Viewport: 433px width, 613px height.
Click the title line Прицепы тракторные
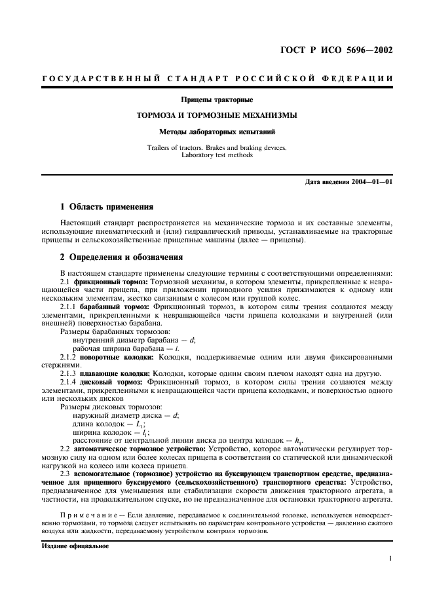pos(216,100)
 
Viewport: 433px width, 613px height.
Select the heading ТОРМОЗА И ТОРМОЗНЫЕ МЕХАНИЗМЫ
pos(216,115)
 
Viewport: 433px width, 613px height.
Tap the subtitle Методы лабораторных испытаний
pos(216,131)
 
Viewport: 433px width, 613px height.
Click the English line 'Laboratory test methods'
pos(216,155)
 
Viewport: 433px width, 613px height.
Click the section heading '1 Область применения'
pos(107,207)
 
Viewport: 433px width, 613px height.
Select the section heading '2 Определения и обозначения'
pos(121,257)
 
